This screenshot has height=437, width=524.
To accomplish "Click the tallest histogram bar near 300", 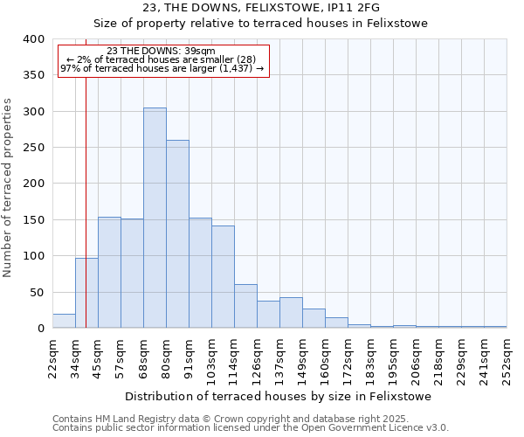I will click(x=155, y=218).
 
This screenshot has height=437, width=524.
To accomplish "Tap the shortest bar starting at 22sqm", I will click(x=64, y=321).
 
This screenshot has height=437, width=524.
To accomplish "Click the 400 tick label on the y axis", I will click(x=32, y=39).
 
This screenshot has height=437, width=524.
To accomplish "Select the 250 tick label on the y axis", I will click(x=32, y=148).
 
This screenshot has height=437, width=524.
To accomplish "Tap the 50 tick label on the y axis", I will click(x=36, y=292).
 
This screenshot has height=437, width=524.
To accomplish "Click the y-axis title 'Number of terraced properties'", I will click(x=8, y=188).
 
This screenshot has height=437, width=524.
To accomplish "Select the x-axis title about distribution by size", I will click(x=278, y=396).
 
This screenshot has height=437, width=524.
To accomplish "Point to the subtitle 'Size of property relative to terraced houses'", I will click(x=260, y=24).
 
